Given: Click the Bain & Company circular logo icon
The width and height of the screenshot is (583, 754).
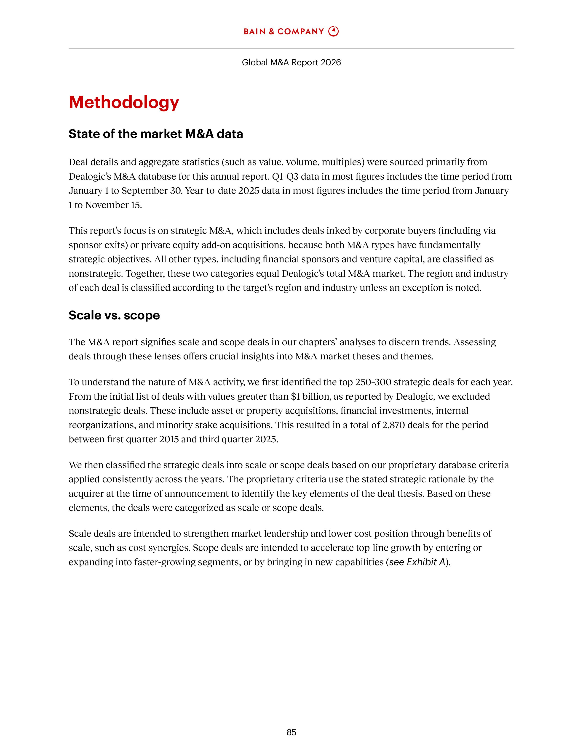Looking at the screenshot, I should pyautogui.click(x=333, y=32).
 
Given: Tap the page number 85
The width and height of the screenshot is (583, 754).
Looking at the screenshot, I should pyautogui.click(x=291, y=732).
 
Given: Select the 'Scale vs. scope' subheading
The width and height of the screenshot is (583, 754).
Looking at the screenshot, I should pyautogui.click(x=114, y=315).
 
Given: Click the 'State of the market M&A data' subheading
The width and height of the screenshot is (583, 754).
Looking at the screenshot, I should pyautogui.click(x=156, y=134).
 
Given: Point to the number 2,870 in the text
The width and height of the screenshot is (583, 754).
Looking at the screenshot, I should pyautogui.click(x=393, y=425).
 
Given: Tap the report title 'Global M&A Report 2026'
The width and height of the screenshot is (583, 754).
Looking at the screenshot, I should pyautogui.click(x=291, y=62).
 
